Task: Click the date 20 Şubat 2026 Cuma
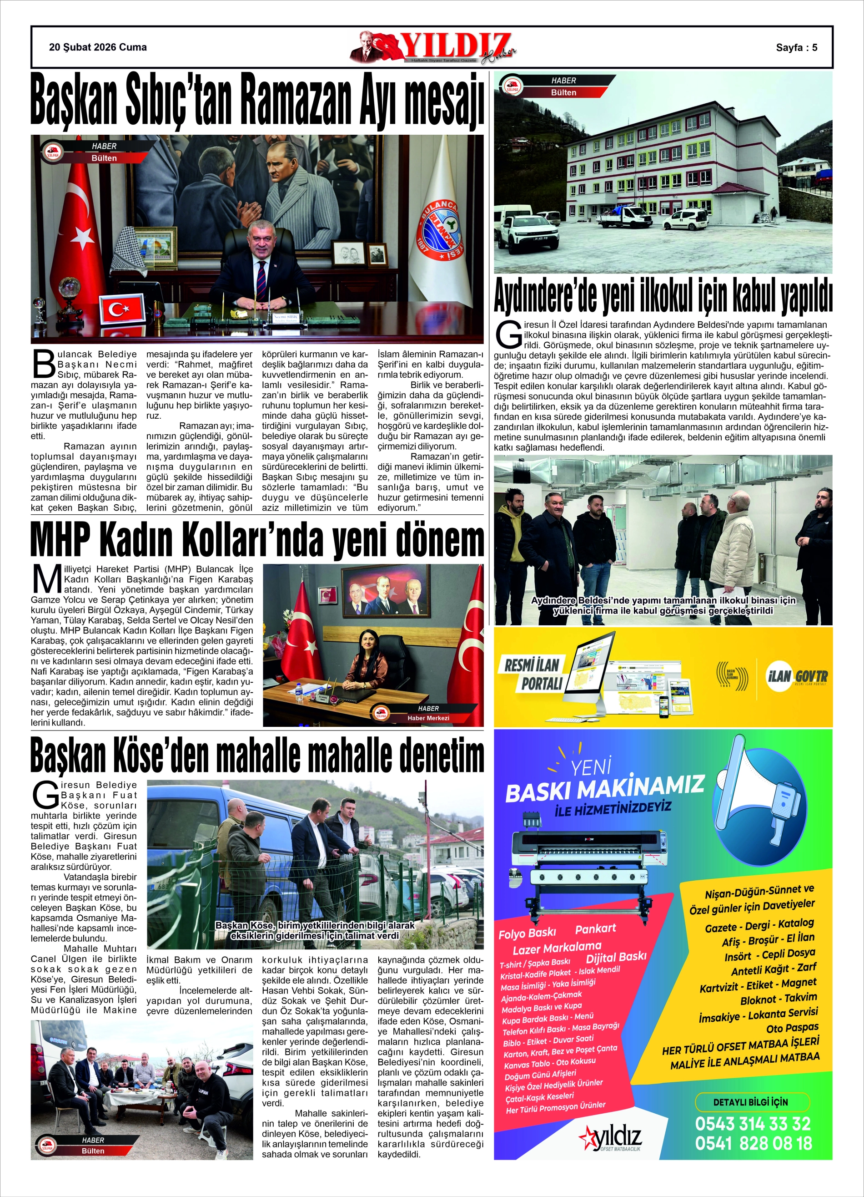tap(98, 47)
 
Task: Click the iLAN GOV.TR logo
tap(797, 677)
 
